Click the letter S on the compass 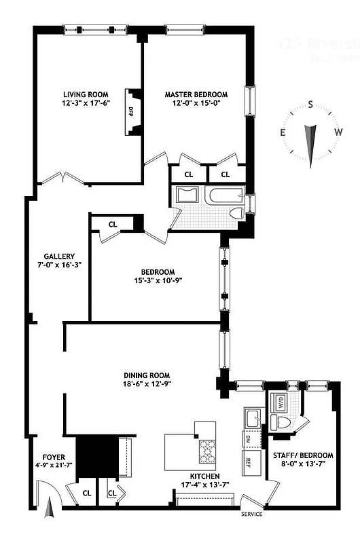pos(310,105)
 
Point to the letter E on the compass pos(283,132)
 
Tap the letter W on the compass pos(338,132)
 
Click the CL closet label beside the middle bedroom pos(113,224)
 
